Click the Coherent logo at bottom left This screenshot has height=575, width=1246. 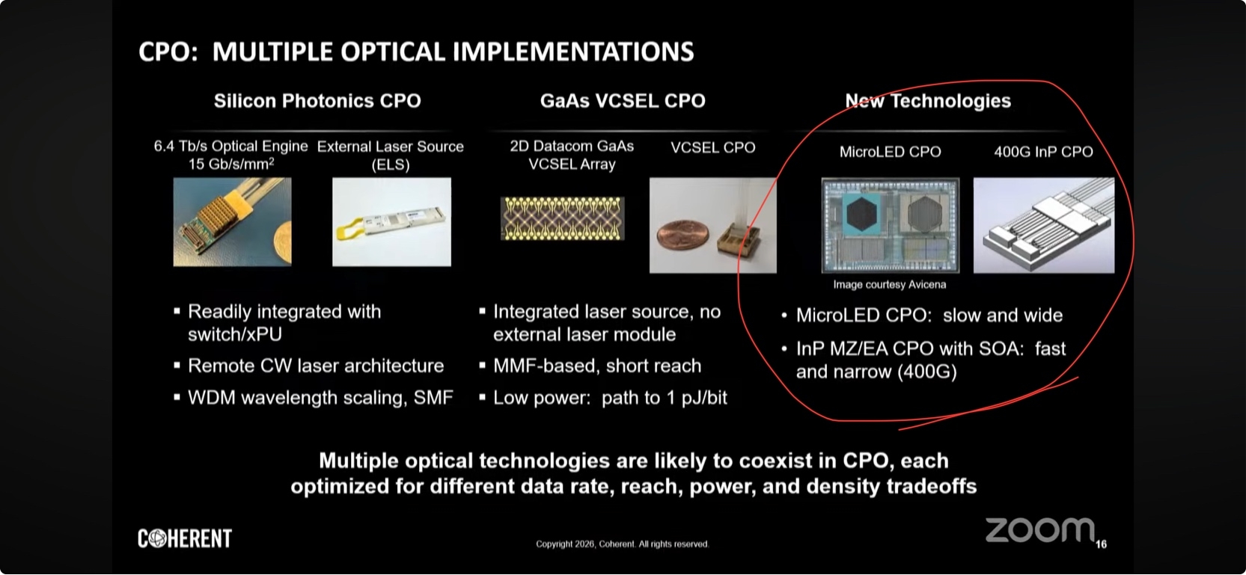[185, 538]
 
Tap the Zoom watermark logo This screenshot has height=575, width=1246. [1039, 531]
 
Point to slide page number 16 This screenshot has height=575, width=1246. [1102, 544]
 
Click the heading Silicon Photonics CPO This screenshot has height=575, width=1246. [317, 100]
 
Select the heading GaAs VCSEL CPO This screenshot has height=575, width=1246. [623, 100]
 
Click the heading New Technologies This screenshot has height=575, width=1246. [928, 100]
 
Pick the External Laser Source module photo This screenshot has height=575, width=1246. [391, 221]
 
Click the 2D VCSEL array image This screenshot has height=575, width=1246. [562, 218]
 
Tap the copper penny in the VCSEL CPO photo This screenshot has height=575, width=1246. [683, 236]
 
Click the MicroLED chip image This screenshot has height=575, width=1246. [891, 225]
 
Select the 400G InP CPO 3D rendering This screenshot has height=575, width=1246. [1044, 225]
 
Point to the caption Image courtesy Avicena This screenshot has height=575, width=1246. [890, 284]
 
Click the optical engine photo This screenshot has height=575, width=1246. [232, 221]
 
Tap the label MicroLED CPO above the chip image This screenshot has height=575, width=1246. [890, 152]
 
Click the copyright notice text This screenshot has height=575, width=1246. [623, 544]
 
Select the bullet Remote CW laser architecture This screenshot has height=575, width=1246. [315, 366]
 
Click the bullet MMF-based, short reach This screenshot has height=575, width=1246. [597, 366]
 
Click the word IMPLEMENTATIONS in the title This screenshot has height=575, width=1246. [573, 52]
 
